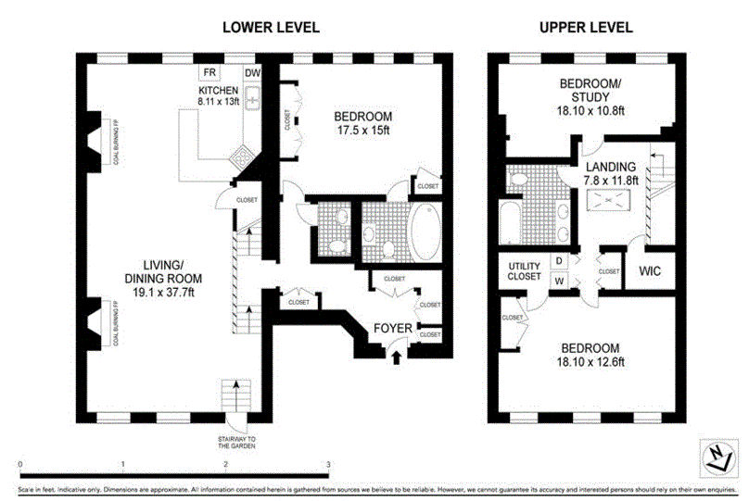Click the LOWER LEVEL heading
point(271,27)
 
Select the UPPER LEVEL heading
point(586,27)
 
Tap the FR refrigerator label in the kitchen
point(210,72)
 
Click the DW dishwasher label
point(252,73)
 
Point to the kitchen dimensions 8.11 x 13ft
point(219,101)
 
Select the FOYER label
point(393,329)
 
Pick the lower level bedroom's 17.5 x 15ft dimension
point(362,131)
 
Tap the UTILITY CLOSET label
point(524,271)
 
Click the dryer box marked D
point(559,260)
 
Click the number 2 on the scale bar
point(225,464)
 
